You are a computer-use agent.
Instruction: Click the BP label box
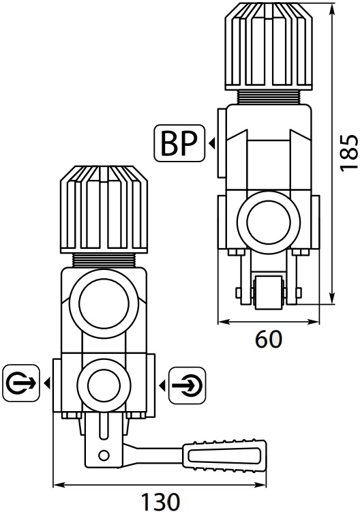click(179, 143)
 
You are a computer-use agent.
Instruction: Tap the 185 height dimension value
click(348, 152)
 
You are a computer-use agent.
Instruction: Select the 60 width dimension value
click(268, 340)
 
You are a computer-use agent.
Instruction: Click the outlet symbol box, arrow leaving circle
click(21, 383)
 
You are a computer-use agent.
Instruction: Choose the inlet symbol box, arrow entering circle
click(187, 385)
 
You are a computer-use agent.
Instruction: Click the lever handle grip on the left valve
click(225, 455)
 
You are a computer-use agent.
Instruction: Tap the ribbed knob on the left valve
click(104, 209)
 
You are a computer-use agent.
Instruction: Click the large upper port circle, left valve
click(103, 303)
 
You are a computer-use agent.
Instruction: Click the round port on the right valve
click(269, 223)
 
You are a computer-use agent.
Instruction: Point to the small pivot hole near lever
click(104, 455)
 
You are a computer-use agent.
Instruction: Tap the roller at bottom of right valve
click(268, 292)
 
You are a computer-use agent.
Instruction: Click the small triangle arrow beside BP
click(211, 143)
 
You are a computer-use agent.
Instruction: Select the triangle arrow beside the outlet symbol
click(47, 383)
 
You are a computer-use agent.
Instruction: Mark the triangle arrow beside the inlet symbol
click(162, 386)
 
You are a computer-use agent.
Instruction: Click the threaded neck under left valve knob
click(104, 260)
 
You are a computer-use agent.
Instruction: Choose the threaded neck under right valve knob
click(268, 97)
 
